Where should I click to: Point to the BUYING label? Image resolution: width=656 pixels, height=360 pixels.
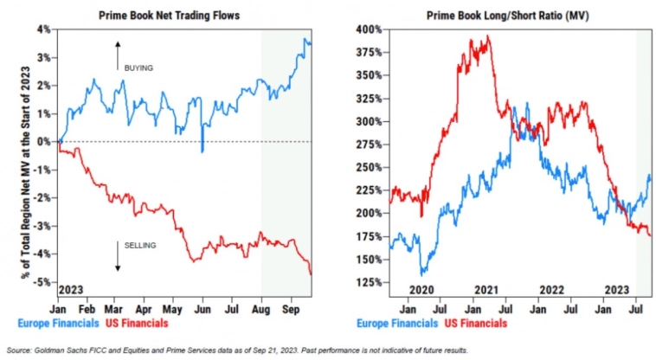(138, 67)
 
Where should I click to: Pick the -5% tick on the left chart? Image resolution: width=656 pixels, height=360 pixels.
(41, 282)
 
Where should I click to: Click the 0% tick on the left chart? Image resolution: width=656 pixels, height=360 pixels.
(42, 142)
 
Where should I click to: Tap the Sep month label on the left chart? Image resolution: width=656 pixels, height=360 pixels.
(290, 307)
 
